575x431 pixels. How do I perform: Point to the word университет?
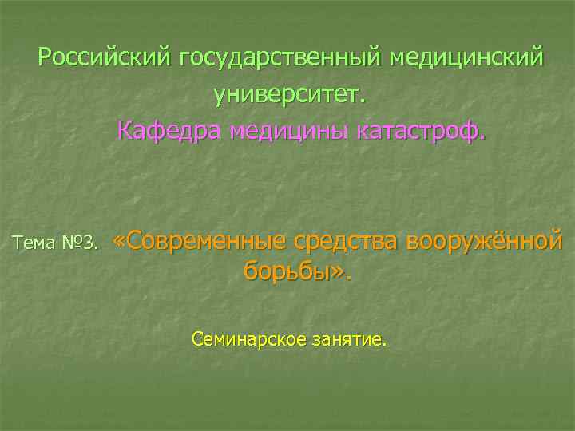(287, 94)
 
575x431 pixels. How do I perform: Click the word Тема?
(35, 242)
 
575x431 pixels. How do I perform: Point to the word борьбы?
(286, 271)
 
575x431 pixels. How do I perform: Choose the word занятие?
(345, 341)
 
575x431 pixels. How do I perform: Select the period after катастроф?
(482, 137)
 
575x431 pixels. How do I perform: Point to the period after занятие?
(384, 346)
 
